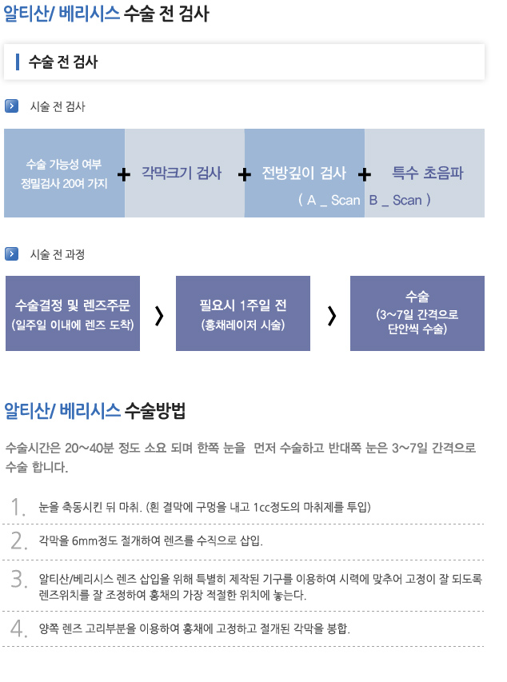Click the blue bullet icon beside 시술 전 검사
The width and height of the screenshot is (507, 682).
[11, 106]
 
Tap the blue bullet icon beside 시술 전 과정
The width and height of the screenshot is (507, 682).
[11, 253]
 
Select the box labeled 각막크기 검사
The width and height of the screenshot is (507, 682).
[185, 173]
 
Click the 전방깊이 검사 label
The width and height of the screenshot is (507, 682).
[304, 173]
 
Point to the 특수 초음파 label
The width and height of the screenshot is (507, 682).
[428, 173]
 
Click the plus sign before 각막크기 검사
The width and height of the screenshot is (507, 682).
[124, 175]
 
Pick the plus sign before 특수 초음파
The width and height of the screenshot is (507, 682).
[365, 175]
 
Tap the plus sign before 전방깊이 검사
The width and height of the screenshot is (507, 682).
[245, 175]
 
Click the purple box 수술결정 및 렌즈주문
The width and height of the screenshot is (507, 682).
[73, 313]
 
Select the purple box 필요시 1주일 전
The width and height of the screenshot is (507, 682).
[243, 313]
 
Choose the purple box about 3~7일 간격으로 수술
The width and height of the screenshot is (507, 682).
[417, 313]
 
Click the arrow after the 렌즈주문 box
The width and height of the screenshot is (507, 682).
[159, 316]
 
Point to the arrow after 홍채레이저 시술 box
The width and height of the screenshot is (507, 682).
[332, 316]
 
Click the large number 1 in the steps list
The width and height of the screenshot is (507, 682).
[18, 507]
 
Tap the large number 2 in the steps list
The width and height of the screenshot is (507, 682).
[18, 540]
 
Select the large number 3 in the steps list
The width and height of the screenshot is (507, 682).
[18, 579]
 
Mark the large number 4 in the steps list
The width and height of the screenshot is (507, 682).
[18, 628]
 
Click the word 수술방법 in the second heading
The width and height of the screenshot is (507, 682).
[155, 410]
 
